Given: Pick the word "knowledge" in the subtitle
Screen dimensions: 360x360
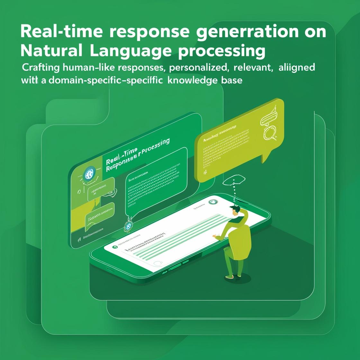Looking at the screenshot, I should [x=193, y=80].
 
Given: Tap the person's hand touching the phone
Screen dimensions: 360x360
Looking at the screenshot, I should [x=215, y=237].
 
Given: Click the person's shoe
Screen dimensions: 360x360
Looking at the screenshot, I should [x=230, y=276].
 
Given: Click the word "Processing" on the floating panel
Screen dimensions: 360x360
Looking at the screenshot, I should [x=155, y=146].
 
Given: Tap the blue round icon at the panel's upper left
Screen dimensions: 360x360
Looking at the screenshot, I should [x=89, y=174].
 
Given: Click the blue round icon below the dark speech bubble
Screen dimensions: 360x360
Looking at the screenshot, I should [x=128, y=226].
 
